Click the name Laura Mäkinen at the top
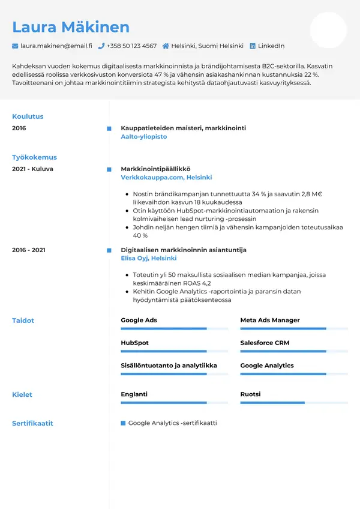coord(71,27)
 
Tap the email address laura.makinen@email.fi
coord(56,46)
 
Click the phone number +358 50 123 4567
coord(131,46)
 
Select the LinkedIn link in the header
coord(271,46)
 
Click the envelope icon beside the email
coord(15,46)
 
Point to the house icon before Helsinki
coord(166,46)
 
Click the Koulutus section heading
coord(28,116)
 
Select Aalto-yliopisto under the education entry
coord(143,137)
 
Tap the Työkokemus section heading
coord(34,157)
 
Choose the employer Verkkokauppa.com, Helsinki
coord(166,178)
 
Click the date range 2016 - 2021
coord(28,250)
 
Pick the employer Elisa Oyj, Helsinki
coord(148,258)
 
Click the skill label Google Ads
coord(139,321)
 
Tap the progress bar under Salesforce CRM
coord(294,351)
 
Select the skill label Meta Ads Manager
coord(270,321)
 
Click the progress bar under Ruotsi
coord(294,403)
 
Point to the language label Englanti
coord(134,394)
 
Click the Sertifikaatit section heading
coord(32,423)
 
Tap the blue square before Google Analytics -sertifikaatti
coord(123,423)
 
